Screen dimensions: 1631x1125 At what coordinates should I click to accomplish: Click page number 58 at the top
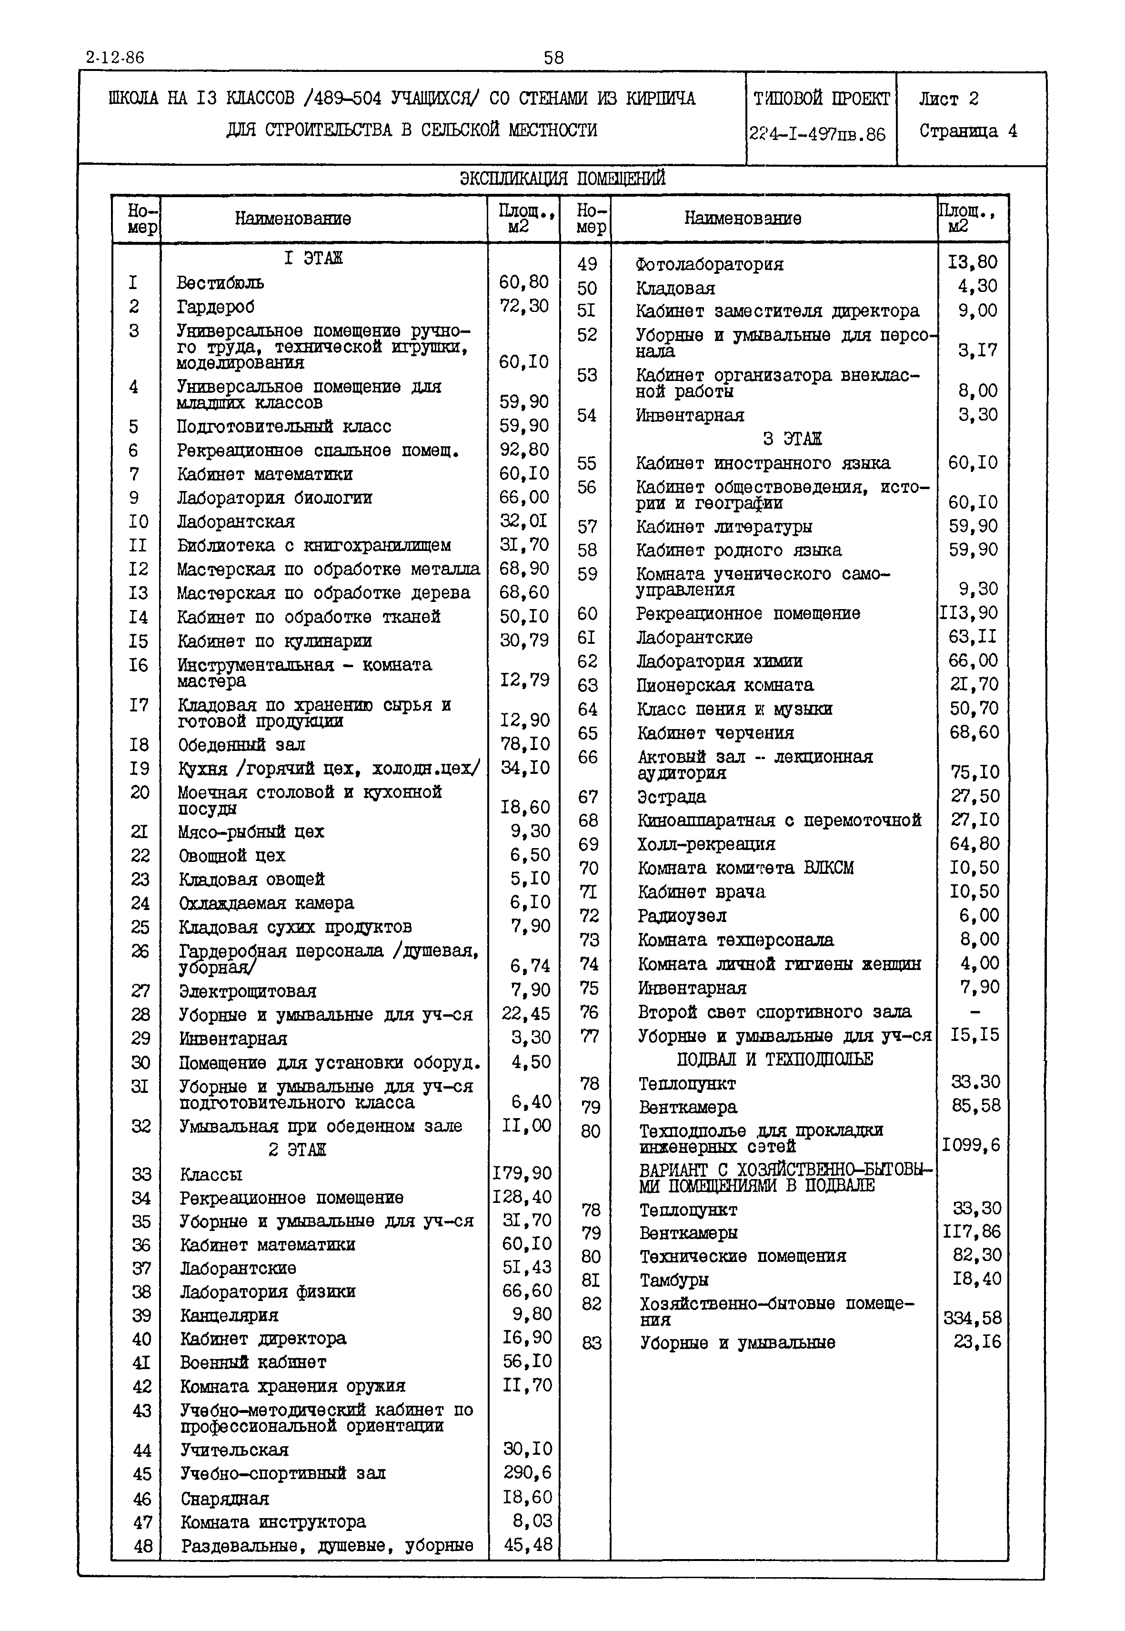coord(553,58)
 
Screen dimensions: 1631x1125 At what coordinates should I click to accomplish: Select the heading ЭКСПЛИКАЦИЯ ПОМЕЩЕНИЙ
coord(562,178)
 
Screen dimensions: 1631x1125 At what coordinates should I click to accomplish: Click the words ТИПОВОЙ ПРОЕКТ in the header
coord(821,99)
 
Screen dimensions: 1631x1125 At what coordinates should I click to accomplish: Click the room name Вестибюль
coord(220,283)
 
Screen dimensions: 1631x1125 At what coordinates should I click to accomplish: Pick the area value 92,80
coord(524,450)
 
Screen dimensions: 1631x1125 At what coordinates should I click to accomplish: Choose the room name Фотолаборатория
coord(709,264)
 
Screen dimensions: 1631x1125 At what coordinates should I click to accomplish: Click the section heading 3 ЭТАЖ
coord(792,439)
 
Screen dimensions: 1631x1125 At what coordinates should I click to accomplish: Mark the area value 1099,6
coord(971,1145)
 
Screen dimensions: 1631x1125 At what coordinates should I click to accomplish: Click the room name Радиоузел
coord(682,916)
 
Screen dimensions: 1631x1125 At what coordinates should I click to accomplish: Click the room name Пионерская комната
coord(724,685)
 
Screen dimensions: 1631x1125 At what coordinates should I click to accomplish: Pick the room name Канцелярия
coord(229,1315)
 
